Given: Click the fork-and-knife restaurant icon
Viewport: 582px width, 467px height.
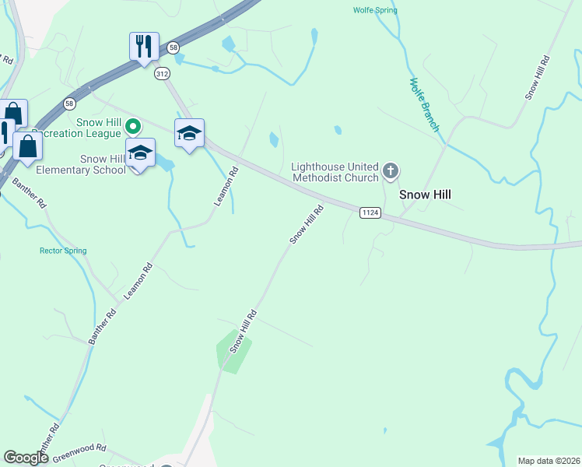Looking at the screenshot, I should [144, 47].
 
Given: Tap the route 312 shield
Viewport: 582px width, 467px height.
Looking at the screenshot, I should [162, 73].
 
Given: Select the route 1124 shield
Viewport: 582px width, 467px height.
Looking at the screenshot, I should [370, 212].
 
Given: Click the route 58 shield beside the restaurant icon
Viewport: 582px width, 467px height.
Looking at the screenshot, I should [173, 48].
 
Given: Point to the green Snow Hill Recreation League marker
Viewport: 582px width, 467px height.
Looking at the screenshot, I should [133, 125].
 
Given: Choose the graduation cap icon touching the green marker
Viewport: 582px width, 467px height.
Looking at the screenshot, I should [140, 153].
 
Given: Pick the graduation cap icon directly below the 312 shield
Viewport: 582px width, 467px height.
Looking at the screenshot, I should [189, 133].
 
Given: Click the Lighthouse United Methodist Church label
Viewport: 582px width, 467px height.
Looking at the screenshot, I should [335, 172].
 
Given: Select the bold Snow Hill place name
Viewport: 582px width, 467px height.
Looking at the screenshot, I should [426, 195].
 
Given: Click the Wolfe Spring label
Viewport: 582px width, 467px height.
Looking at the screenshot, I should [375, 10].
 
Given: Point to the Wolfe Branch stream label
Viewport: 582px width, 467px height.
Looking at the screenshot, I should [425, 105].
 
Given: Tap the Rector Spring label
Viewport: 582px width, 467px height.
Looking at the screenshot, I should [63, 251].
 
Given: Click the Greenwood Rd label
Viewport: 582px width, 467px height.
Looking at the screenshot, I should [79, 454].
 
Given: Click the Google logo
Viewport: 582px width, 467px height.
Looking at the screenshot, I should [26, 458].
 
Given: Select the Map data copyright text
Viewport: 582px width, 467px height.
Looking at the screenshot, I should [548, 461].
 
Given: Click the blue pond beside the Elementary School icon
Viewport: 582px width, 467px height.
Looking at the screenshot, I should [164, 163].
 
